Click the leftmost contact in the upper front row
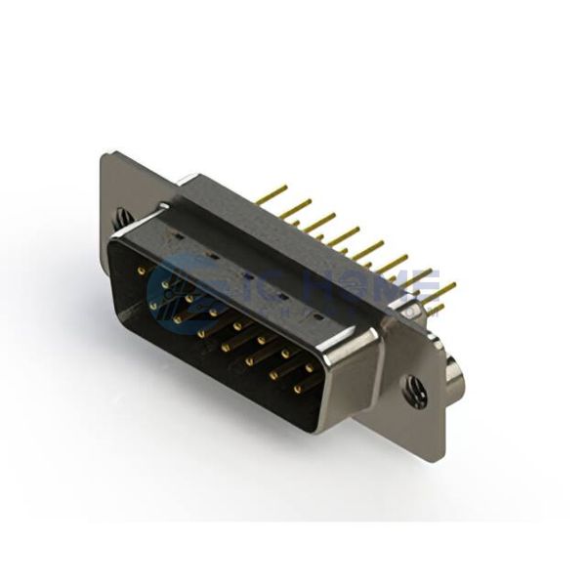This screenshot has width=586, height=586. tap(142, 271)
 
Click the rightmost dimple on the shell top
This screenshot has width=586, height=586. tap(316, 318)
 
